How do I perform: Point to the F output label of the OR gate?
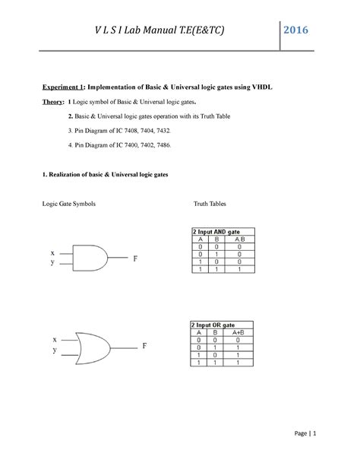[144, 346]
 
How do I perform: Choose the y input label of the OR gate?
[55, 351]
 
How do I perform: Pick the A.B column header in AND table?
[238, 239]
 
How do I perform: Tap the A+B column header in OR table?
[238, 332]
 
